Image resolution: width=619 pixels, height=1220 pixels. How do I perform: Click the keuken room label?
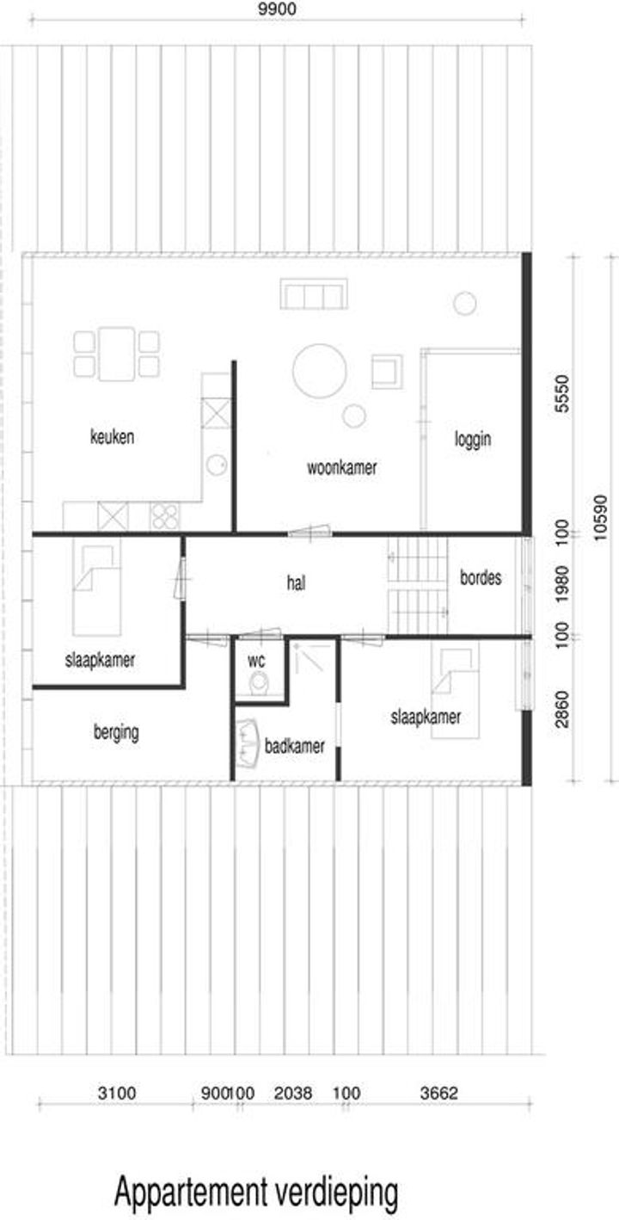112,437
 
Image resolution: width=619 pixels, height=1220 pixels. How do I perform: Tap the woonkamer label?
342,467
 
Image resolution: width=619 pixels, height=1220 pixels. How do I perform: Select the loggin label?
473,439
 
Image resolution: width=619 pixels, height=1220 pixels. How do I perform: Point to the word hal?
296,583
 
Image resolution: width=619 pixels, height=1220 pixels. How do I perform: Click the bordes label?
481,577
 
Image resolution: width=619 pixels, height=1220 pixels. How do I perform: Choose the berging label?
116,732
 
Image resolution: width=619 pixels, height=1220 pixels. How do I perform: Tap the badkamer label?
295,746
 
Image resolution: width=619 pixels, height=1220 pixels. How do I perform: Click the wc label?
256,662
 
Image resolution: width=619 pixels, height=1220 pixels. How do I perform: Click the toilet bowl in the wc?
258,684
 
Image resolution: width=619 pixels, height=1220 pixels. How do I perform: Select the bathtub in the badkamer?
248,744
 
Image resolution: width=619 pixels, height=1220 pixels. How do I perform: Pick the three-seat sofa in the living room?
314,294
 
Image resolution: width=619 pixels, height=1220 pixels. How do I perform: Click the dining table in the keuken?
117,354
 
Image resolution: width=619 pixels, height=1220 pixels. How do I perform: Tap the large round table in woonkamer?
320,370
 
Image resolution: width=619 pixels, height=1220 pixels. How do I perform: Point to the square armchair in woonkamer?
387,372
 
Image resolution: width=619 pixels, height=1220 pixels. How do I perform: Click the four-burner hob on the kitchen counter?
165,515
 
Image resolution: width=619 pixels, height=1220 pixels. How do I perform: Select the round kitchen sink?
217,465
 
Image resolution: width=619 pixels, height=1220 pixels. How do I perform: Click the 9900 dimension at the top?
278,9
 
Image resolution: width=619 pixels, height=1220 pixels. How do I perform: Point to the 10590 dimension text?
599,517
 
